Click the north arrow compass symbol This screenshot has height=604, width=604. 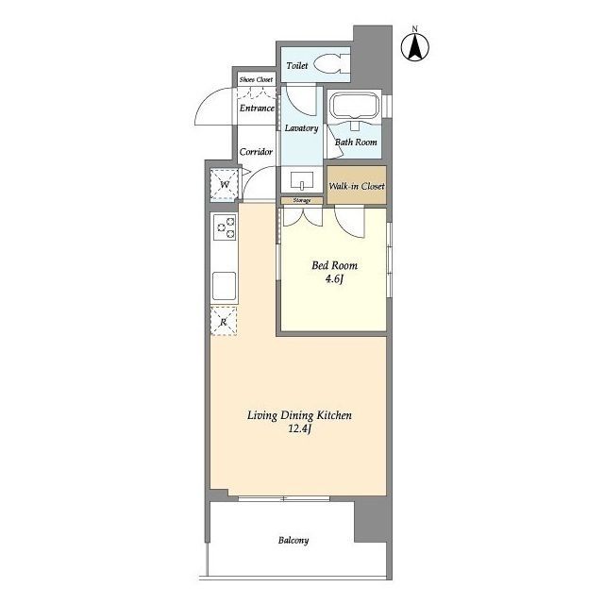pos(415,46)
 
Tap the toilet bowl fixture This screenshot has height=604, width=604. pos(329,63)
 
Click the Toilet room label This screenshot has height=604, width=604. pos(297,65)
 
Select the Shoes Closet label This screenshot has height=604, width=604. pos(256,79)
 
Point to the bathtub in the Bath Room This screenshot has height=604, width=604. pos(355,106)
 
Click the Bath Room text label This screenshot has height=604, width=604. pos(356,143)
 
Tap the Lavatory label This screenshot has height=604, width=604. pos(302,128)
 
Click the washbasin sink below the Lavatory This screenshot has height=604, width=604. pos(302,180)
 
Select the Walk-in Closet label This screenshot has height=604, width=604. pos(357,187)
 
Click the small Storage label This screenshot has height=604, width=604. pos(302,200)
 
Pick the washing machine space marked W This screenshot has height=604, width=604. pos(225,184)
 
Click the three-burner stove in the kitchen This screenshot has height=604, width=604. pos(225,227)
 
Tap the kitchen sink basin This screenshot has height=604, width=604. pos(225,285)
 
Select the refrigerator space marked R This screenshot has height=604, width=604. pos(224,321)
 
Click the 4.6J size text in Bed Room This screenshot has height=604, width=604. pos(334,279)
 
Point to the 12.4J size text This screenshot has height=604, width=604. pos(299,428)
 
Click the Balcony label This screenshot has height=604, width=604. pos(294,541)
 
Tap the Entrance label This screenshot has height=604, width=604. pos(257,109)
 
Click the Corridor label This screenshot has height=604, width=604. pos(256,152)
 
